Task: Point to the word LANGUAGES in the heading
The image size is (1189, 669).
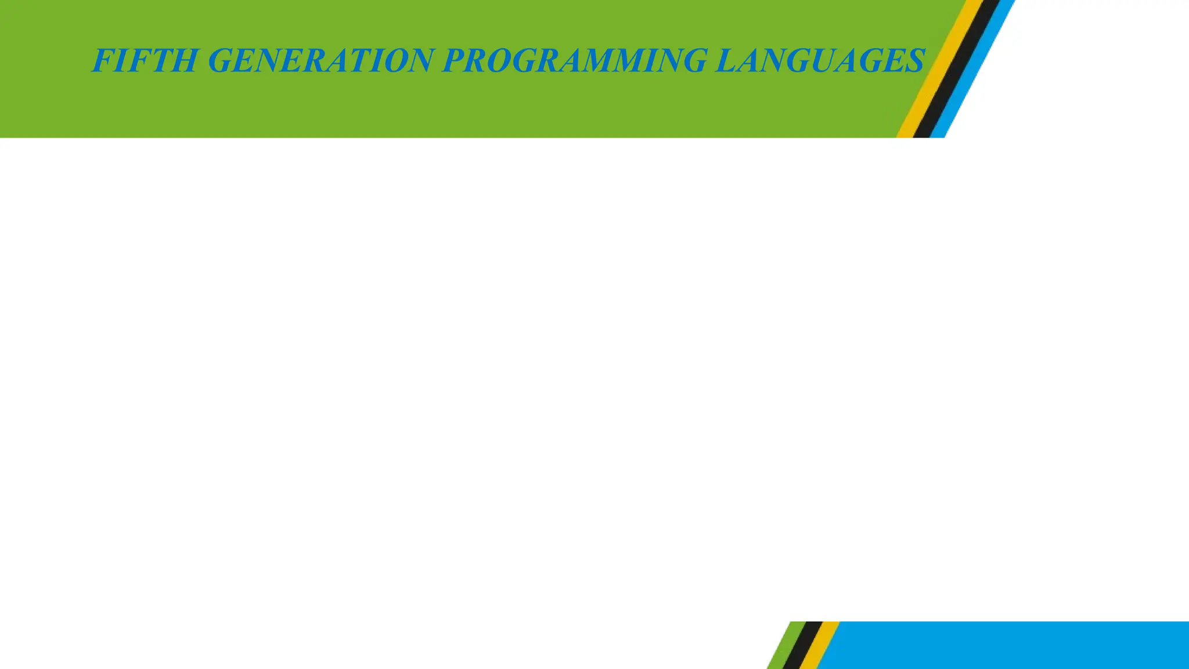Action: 819,61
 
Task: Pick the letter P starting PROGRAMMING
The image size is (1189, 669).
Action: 455,61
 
